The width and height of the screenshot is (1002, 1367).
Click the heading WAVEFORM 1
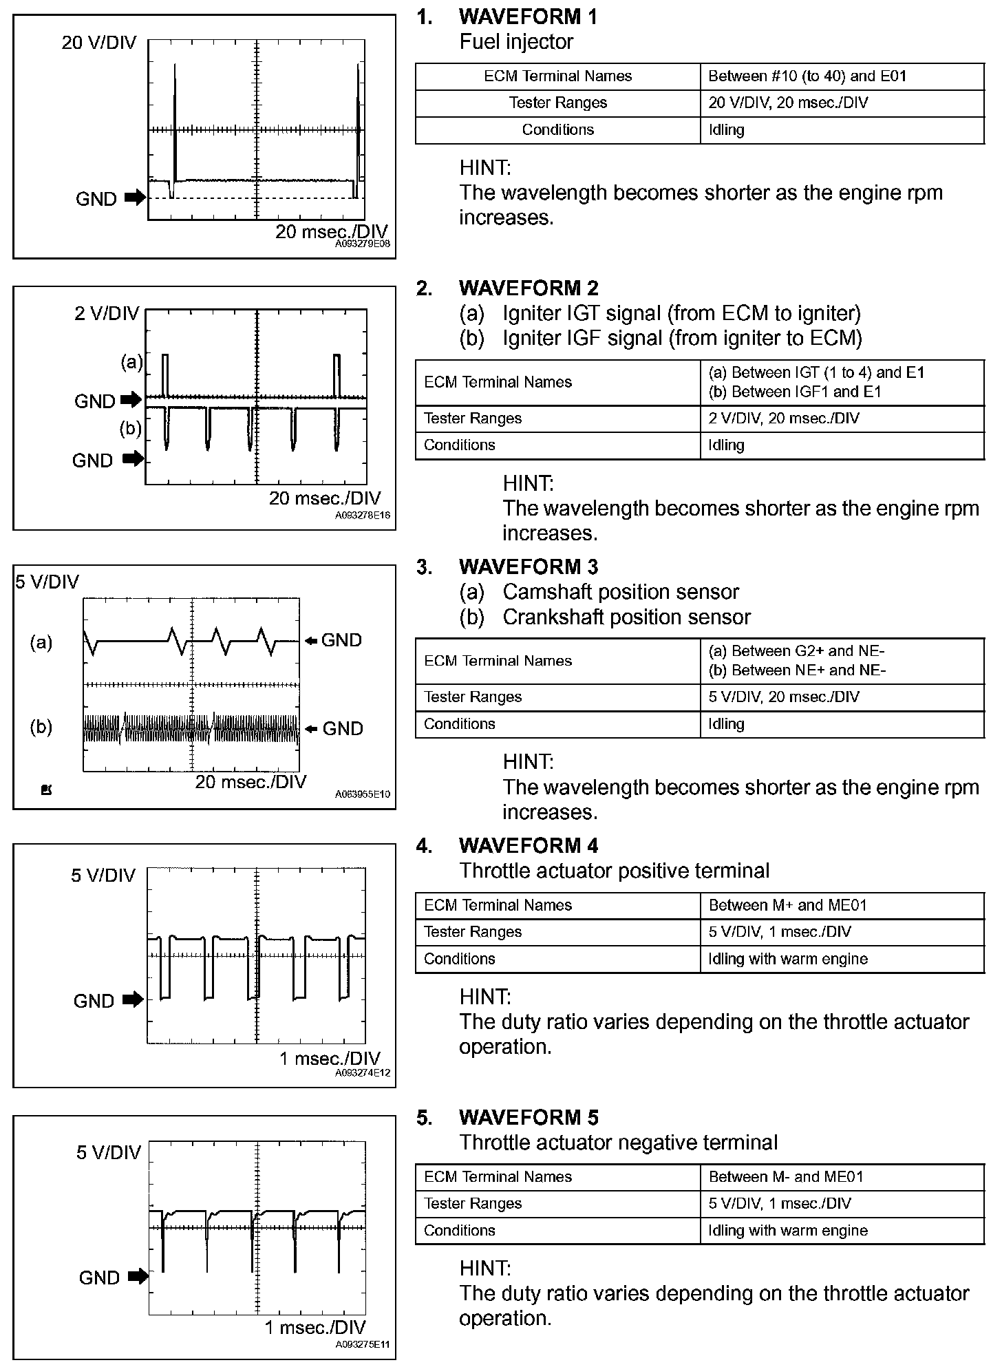[x=528, y=17]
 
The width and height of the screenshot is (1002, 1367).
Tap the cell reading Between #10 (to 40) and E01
[x=807, y=76]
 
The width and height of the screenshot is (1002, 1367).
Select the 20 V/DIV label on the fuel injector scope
[x=99, y=43]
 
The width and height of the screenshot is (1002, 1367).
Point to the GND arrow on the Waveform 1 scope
[x=136, y=199]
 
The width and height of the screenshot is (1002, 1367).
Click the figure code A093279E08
[x=363, y=244]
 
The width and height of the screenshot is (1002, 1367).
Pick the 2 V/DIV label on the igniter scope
[x=107, y=314]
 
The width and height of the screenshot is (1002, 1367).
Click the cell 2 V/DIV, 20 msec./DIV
[x=784, y=418]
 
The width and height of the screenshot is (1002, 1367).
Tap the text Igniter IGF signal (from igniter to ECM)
[x=682, y=338]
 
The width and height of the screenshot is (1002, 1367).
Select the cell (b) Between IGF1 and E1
[x=795, y=392]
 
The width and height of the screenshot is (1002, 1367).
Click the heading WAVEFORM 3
[x=528, y=567]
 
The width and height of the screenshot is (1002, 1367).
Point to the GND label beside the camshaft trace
[x=341, y=641]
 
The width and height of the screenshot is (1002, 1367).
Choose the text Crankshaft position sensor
[x=626, y=617]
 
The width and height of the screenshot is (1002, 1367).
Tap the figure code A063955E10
[x=363, y=794]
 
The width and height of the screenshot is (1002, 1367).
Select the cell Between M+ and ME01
[x=787, y=905]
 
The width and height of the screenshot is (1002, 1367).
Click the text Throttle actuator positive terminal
[x=614, y=871]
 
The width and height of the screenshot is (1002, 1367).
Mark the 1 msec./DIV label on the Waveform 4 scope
[x=330, y=1059]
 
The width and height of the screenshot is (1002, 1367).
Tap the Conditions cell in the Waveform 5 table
[x=459, y=1231]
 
